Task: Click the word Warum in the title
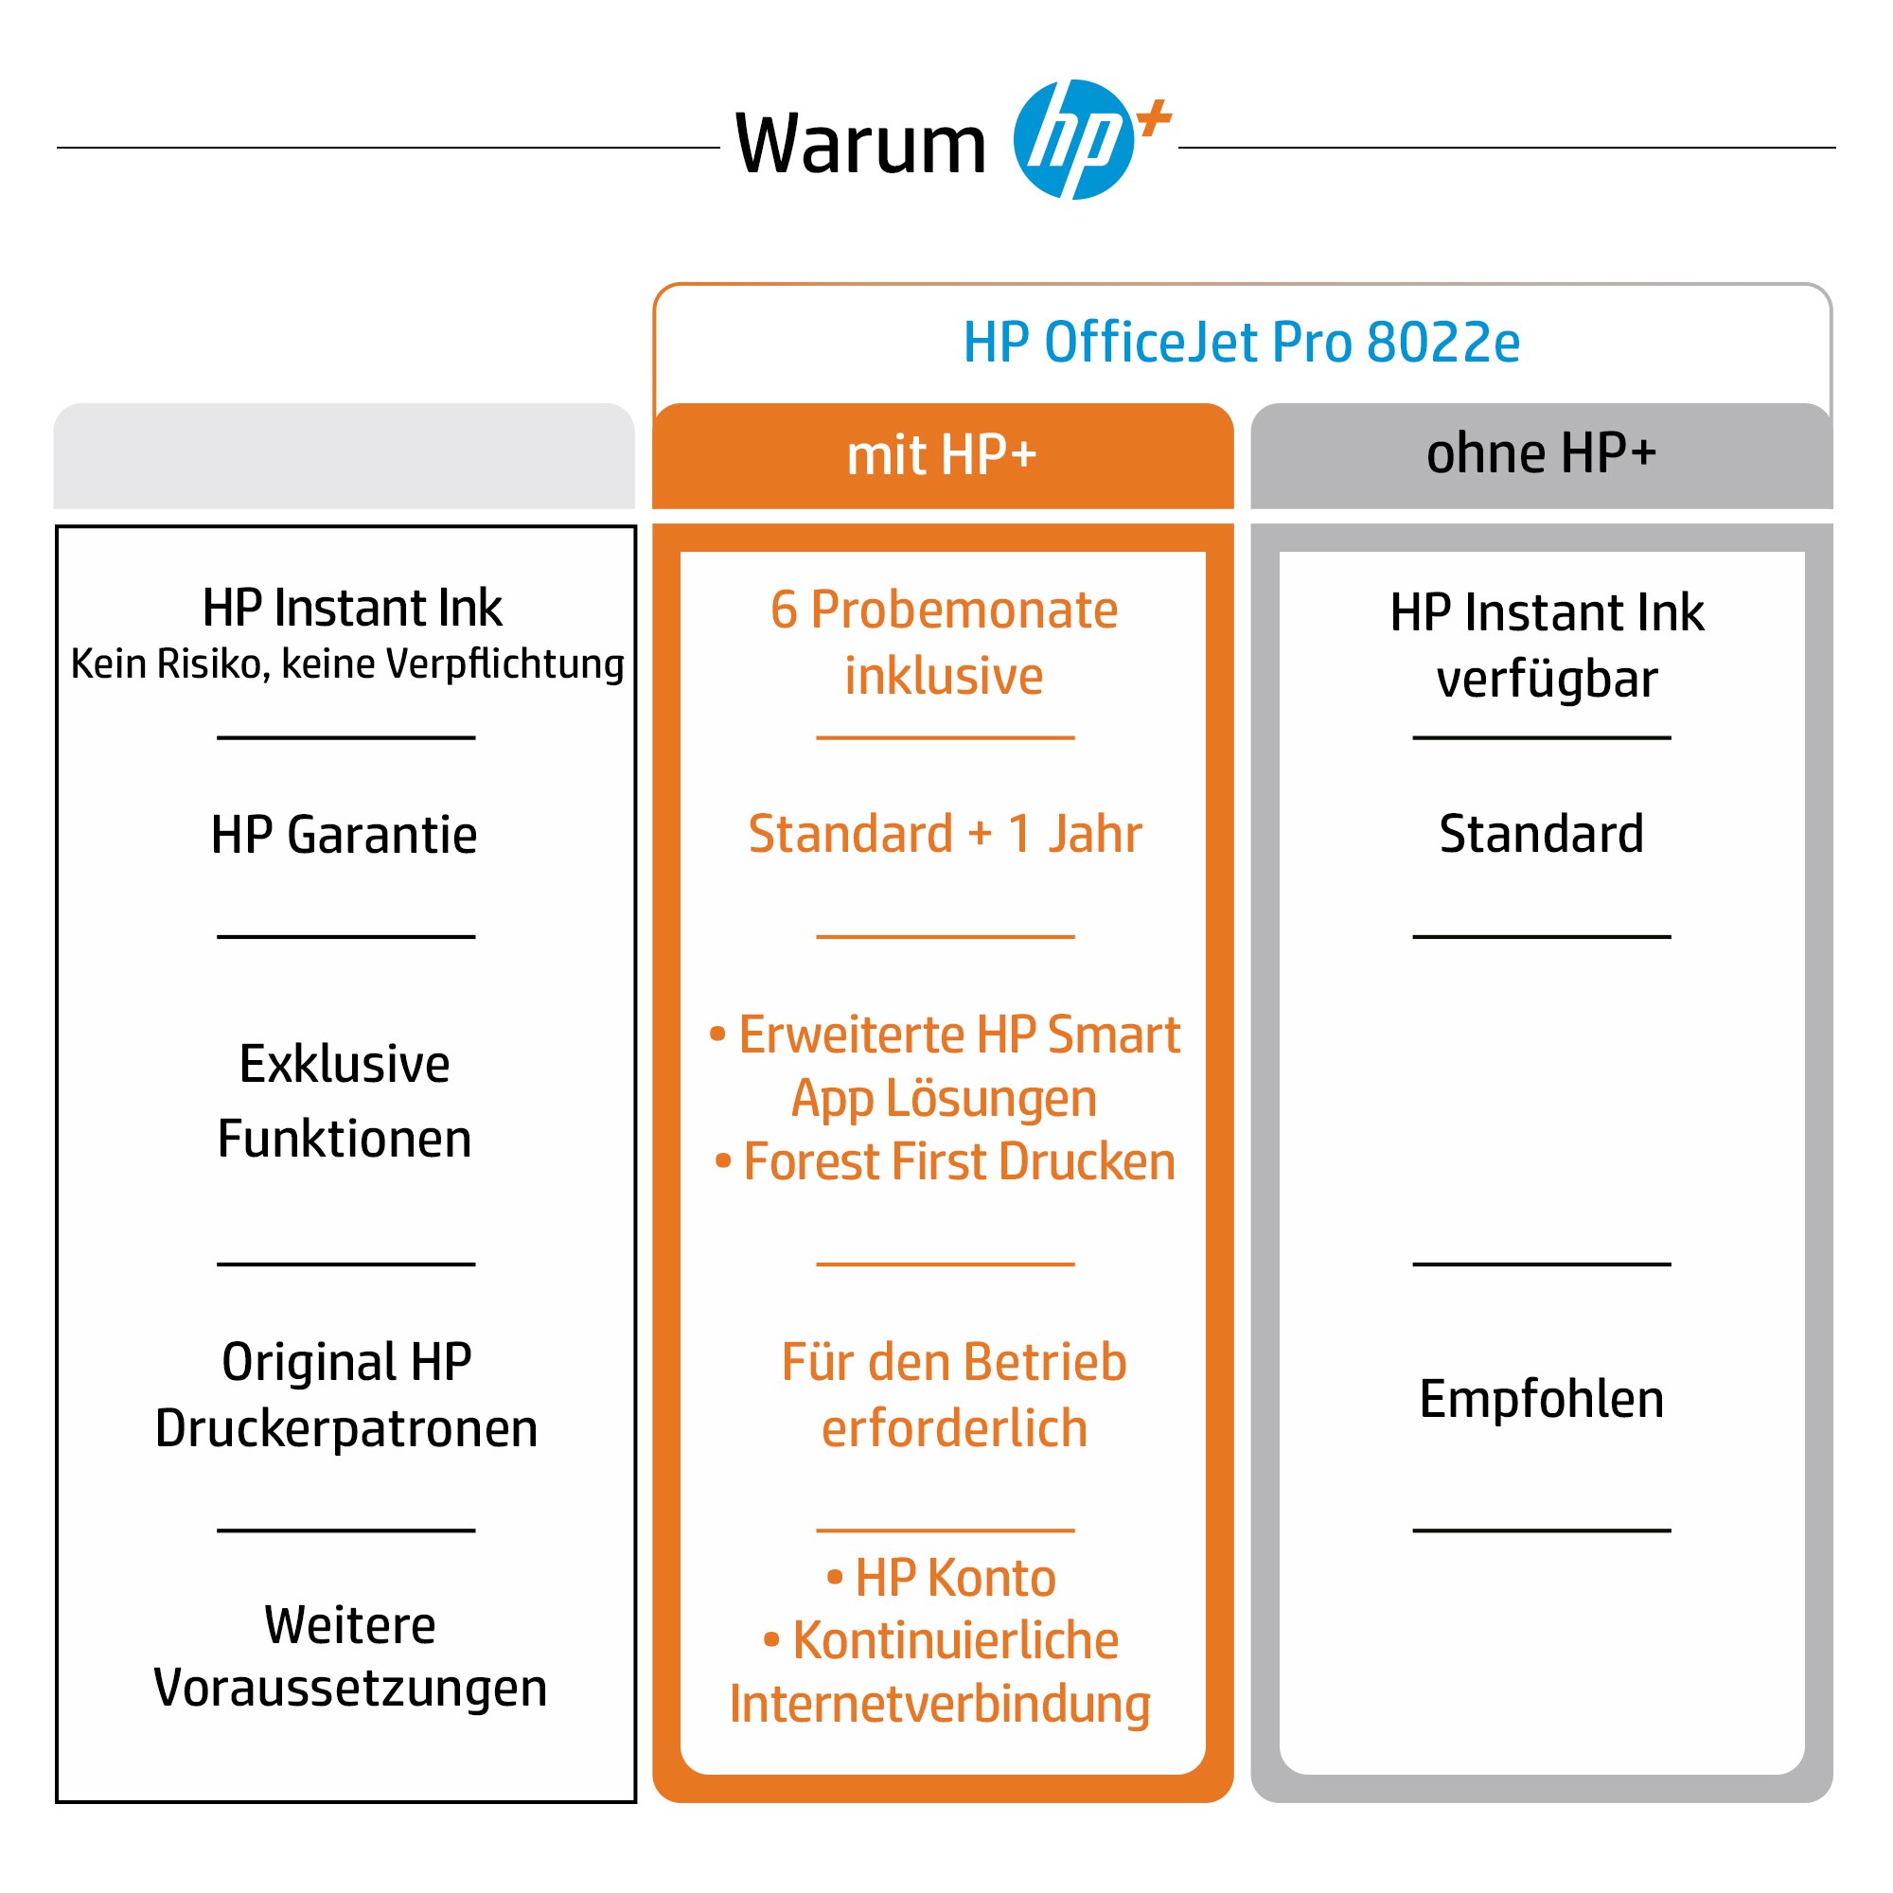pyautogui.click(x=860, y=144)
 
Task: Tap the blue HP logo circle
pyautogui.click(x=1074, y=139)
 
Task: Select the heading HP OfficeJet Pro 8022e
pyautogui.click(x=1242, y=342)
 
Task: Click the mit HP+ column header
pyautogui.click(x=943, y=455)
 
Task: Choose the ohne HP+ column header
pyautogui.click(x=1541, y=453)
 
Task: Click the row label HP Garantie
pyautogui.click(x=344, y=835)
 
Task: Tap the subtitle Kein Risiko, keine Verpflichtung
pyautogui.click(x=346, y=663)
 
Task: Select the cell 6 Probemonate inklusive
pyautogui.click(x=944, y=643)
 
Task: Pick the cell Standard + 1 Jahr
pyautogui.click(x=945, y=834)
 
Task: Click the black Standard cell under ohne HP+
pyautogui.click(x=1541, y=834)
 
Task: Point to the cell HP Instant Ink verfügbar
pyautogui.click(x=1548, y=645)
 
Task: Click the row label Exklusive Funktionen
pyautogui.click(x=345, y=1101)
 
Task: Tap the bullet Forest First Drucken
pyautogui.click(x=946, y=1162)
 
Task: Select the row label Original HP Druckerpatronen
pyautogui.click(x=345, y=1394)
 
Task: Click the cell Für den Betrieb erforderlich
pyautogui.click(x=954, y=1394)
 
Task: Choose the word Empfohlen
pyautogui.click(x=1541, y=1399)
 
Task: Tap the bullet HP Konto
pyautogui.click(x=942, y=1578)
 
